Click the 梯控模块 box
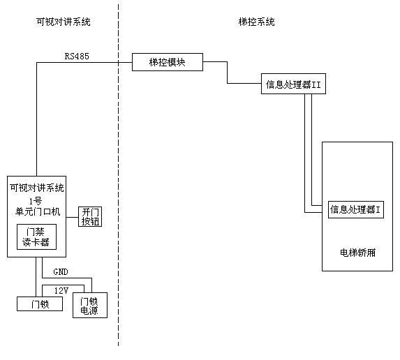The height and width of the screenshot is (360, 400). click(x=168, y=63)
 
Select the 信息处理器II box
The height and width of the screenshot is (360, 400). click(x=292, y=84)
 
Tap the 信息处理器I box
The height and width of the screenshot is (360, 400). click(x=356, y=209)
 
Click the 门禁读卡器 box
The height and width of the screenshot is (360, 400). click(x=36, y=238)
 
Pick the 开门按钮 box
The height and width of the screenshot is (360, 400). click(x=91, y=216)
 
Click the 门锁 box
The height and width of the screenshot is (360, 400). click(x=38, y=303)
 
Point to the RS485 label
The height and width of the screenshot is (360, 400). click(x=77, y=55)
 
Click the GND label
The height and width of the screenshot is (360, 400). click(x=61, y=271)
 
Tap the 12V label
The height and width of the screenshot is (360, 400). click(x=61, y=289)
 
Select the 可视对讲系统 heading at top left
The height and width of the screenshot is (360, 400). click(x=63, y=22)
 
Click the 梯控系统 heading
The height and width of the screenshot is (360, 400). click(x=256, y=22)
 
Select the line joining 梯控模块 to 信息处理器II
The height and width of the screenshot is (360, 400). click(x=227, y=73)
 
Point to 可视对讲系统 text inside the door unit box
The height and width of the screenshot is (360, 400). click(x=36, y=188)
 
